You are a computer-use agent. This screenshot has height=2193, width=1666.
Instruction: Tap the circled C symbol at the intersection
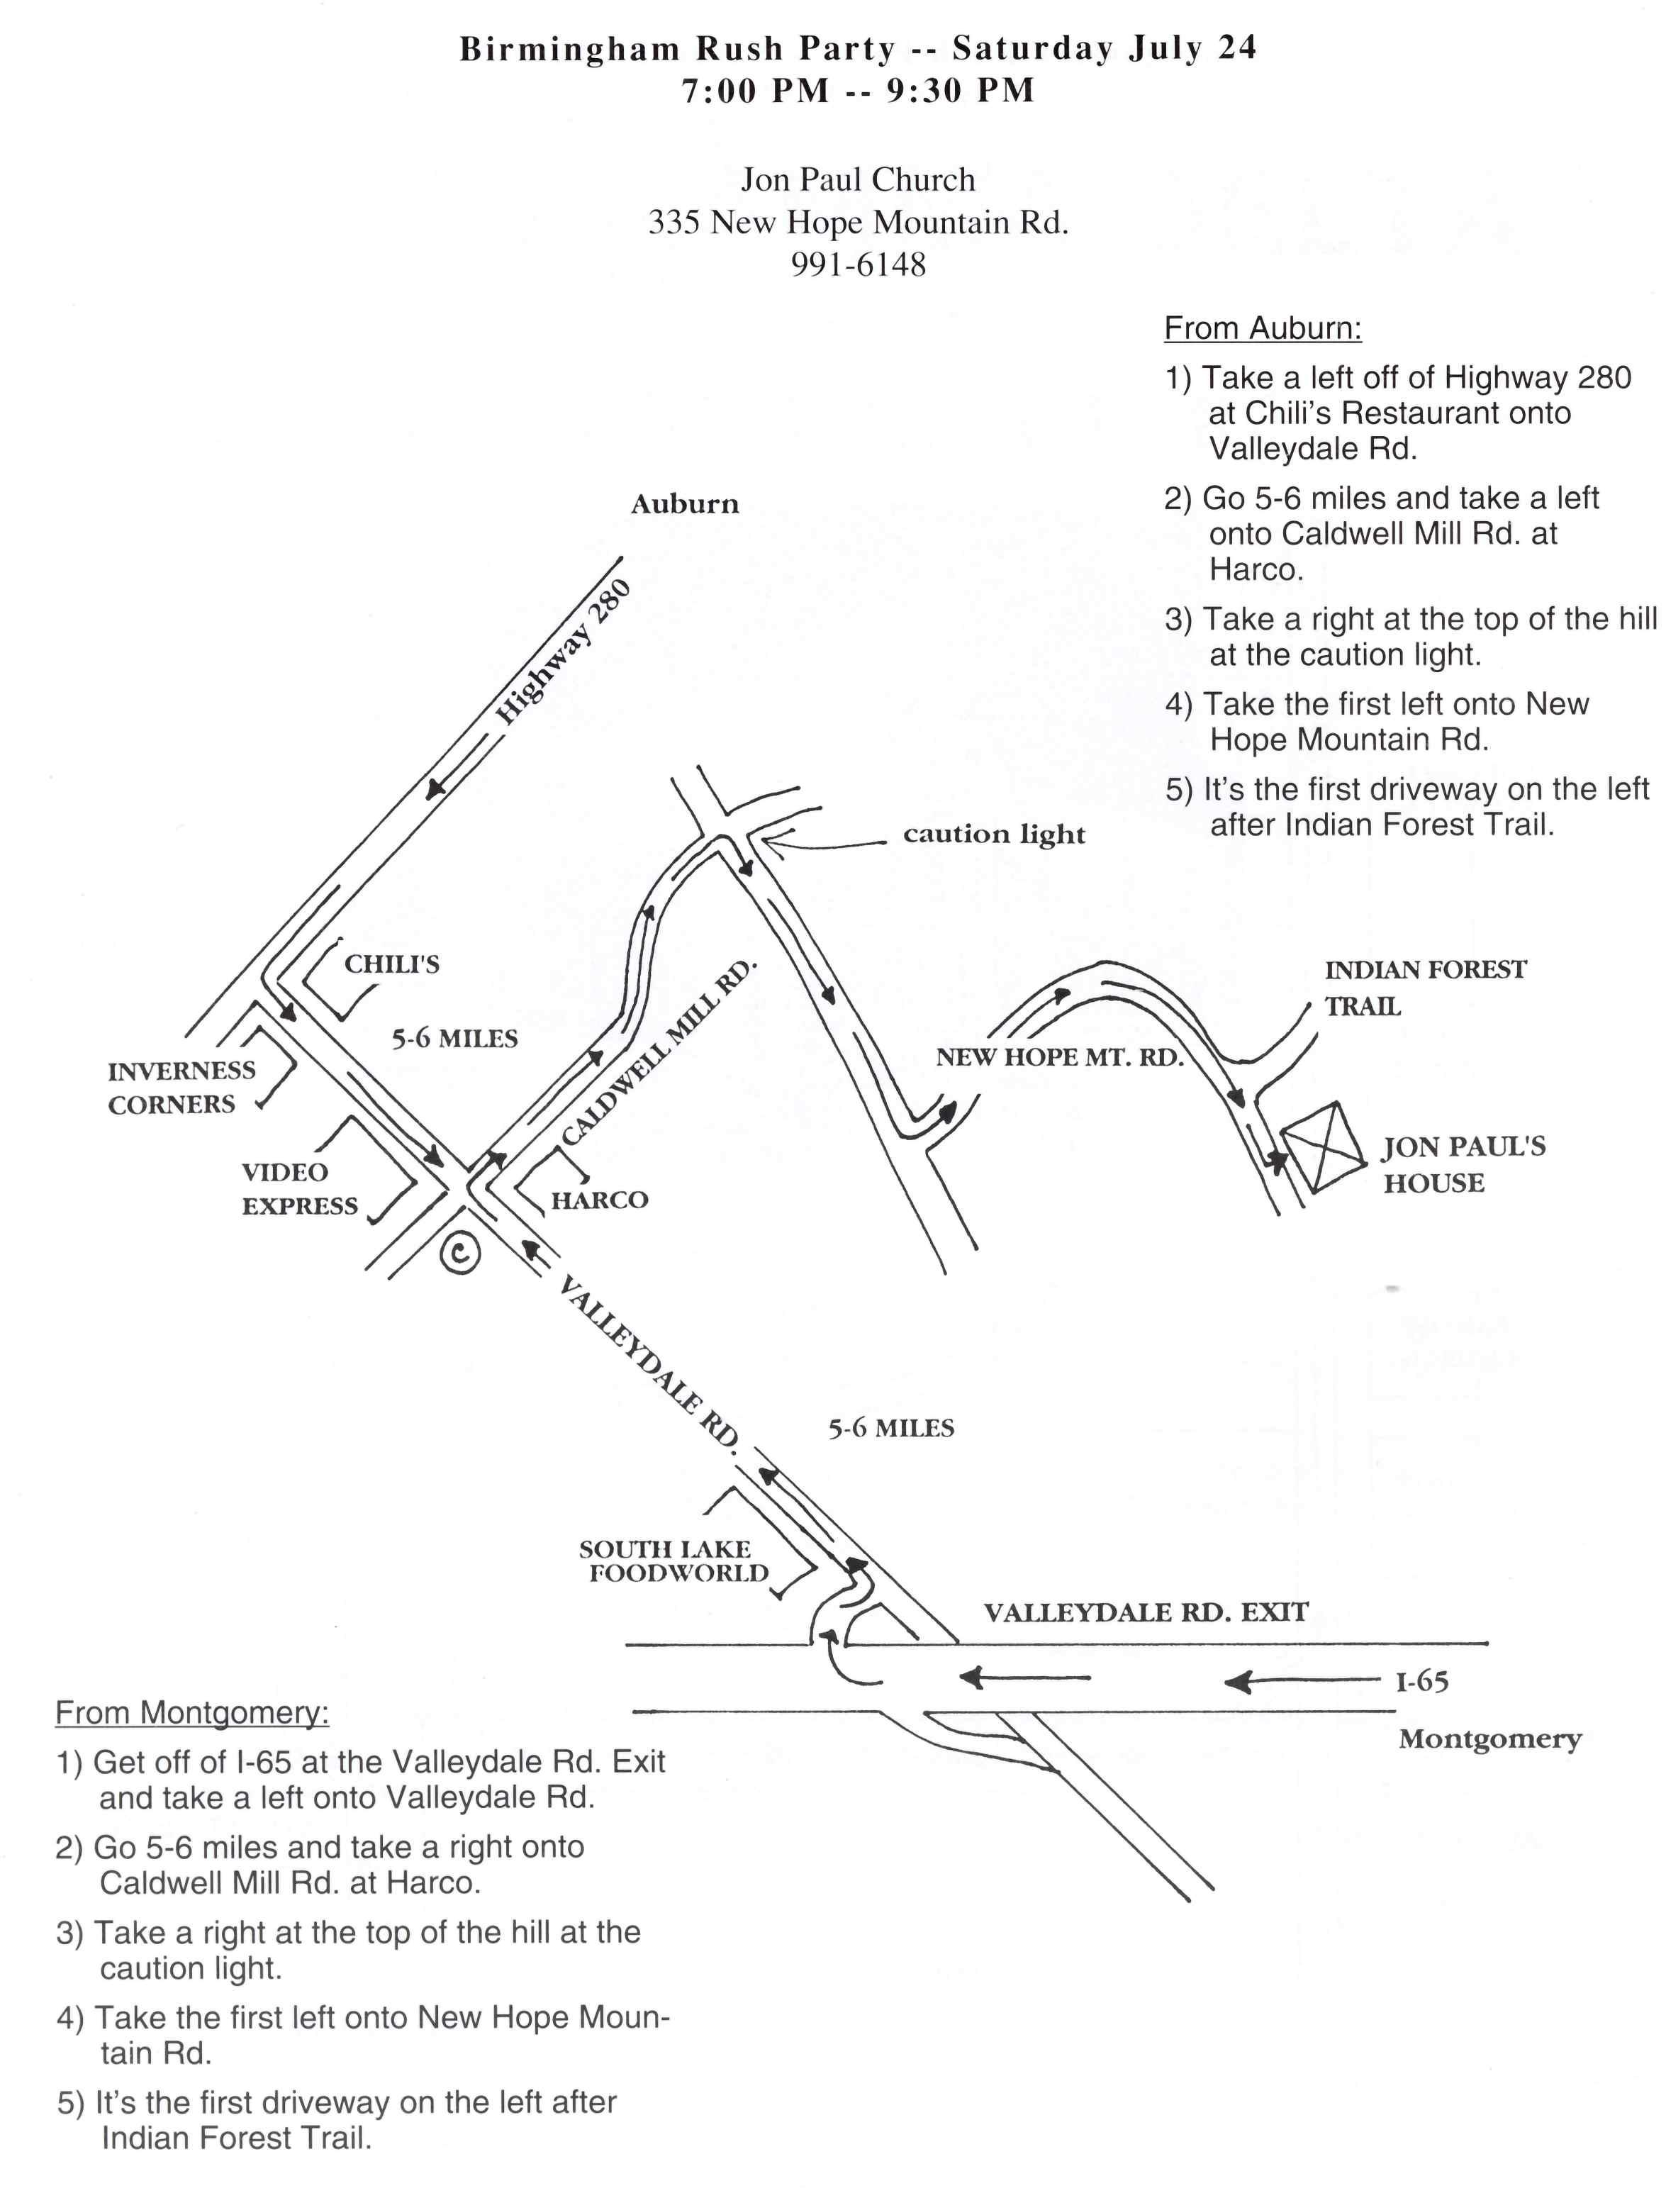pos(460,1253)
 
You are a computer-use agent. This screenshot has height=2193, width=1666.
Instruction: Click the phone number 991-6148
pos(858,265)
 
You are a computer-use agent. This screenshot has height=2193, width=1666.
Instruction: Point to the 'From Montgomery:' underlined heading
pos(191,1713)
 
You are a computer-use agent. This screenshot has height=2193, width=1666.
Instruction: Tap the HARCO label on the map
pos(599,1200)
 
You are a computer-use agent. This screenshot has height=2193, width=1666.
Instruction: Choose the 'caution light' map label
pos(994,834)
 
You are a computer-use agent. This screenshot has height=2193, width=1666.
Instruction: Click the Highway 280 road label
pos(562,652)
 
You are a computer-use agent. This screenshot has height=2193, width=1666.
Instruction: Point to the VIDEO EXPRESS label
pos(298,1188)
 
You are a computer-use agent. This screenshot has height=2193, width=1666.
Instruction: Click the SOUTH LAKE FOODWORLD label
pos(674,1561)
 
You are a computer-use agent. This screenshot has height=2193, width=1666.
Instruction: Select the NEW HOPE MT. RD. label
pos(1059,1057)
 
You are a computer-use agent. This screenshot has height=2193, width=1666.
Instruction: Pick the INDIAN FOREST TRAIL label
pos(1424,987)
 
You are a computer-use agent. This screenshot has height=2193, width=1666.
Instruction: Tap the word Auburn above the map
pos(684,504)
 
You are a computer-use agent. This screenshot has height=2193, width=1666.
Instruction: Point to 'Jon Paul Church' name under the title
pos(858,179)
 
